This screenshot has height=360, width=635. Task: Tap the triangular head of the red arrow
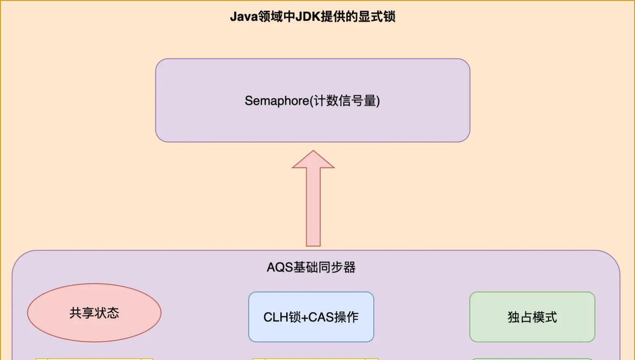tap(313, 160)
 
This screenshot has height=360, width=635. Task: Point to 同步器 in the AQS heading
tap(342, 268)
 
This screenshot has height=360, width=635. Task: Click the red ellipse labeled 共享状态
tap(94, 313)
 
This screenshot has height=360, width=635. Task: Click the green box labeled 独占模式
tap(532, 317)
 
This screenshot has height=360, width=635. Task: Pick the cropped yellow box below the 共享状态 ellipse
tap(94, 359)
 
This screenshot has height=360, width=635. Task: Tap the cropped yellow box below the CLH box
tap(315, 359)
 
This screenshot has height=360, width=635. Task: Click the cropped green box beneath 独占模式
tap(532, 359)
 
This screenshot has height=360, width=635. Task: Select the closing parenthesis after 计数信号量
tap(378, 101)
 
